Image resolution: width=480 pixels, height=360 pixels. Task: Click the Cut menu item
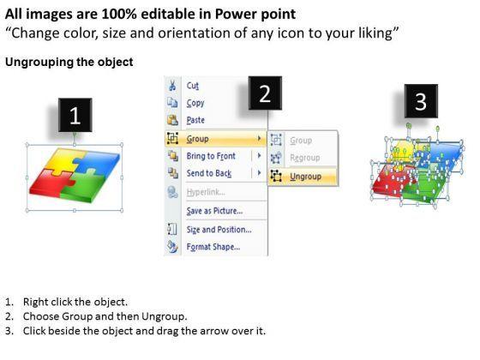[194, 86]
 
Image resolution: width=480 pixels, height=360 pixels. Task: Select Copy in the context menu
[195, 103]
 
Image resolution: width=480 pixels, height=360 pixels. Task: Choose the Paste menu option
[195, 120]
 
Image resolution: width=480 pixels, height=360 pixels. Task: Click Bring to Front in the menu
[212, 156]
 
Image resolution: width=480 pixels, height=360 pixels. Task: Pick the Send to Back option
[210, 173]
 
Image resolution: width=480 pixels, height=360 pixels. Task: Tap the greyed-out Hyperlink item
[204, 192]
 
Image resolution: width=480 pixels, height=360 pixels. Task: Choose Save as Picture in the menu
[214, 211]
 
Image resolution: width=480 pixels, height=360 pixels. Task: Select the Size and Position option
[219, 230]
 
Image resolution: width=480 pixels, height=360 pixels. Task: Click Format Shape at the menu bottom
[213, 247]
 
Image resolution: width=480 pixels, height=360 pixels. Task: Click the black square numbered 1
[75, 116]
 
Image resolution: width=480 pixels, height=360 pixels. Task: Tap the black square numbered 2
[265, 94]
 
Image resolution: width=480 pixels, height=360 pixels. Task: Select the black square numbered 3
[421, 103]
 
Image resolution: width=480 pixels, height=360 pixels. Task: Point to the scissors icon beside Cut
[173, 86]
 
